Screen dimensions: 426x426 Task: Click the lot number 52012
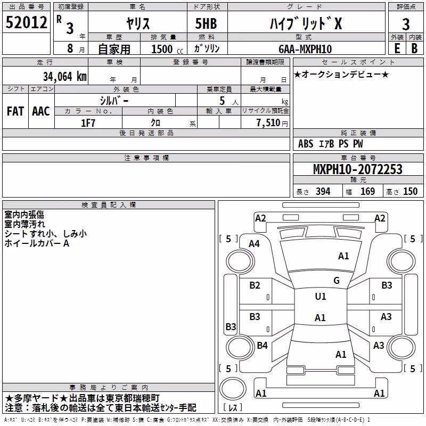26,22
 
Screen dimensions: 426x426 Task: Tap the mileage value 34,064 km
64,77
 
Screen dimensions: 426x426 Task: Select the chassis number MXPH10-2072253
358,169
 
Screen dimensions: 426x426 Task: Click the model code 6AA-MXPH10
305,49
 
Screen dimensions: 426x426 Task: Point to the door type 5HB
206,23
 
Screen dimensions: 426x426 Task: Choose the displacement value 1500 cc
167,49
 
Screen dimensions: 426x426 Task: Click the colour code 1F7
88,123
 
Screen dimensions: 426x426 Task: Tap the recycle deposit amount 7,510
268,123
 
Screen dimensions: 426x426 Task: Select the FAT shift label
15,111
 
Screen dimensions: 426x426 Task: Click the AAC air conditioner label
41,111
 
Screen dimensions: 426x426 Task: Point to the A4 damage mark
255,244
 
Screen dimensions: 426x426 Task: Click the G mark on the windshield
337,280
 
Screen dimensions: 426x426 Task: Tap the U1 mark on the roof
321,296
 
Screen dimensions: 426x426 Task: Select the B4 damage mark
262,345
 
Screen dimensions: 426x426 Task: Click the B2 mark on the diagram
255,285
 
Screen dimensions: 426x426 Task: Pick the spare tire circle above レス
233,389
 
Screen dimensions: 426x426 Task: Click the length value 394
323,192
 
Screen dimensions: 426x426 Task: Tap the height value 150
410,192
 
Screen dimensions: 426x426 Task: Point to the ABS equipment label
306,144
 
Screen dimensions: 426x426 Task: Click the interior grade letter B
414,48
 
